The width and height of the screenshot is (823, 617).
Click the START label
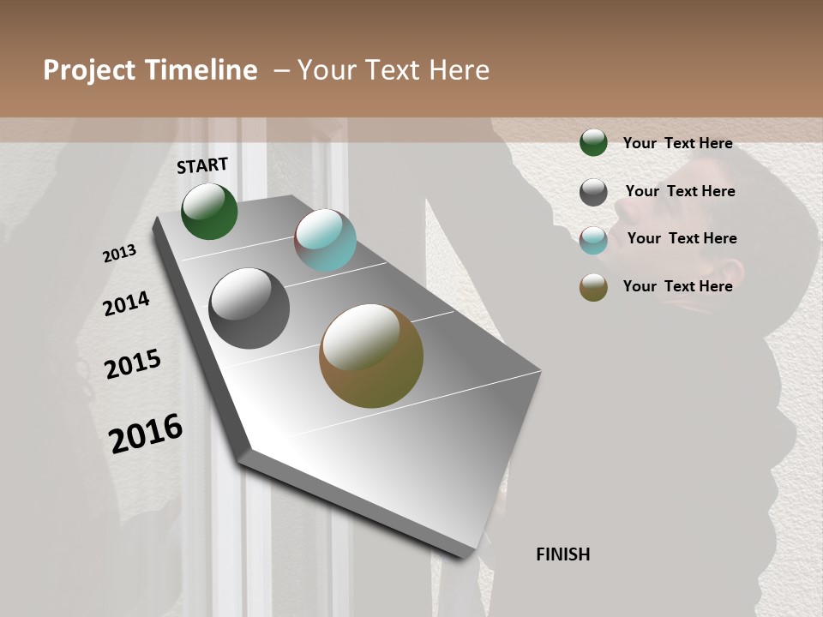pyautogui.click(x=202, y=165)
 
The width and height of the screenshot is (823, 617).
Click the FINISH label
pyautogui.click(x=562, y=554)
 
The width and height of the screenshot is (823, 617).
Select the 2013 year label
pyautogui.click(x=119, y=254)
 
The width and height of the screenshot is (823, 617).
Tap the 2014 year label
pyautogui.click(x=126, y=303)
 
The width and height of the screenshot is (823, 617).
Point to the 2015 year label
pyautogui.click(x=133, y=364)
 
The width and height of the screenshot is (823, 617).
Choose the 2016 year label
pyautogui.click(x=146, y=433)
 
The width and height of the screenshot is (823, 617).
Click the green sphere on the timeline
pyautogui.click(x=209, y=211)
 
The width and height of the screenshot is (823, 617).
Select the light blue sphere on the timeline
pyautogui.click(x=325, y=240)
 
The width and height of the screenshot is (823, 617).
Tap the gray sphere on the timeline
pyautogui.click(x=249, y=308)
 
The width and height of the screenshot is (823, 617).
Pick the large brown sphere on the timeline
pyautogui.click(x=371, y=356)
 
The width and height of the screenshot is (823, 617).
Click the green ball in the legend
pyautogui.click(x=593, y=143)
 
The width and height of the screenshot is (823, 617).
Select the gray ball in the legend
pyautogui.click(x=593, y=192)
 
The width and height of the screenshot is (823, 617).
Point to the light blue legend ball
pyautogui.click(x=593, y=240)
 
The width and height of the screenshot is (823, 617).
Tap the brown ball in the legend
pyautogui.click(x=593, y=287)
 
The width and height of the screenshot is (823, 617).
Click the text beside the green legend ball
pyautogui.click(x=677, y=143)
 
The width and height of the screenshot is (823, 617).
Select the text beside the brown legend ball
pyautogui.click(x=677, y=286)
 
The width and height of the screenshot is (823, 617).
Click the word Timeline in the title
pyautogui.click(x=201, y=70)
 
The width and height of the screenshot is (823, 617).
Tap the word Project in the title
pyautogui.click(x=89, y=70)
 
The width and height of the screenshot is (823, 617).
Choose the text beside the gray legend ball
pyautogui.click(x=680, y=191)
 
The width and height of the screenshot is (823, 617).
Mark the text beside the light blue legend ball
pyautogui.click(x=682, y=238)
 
